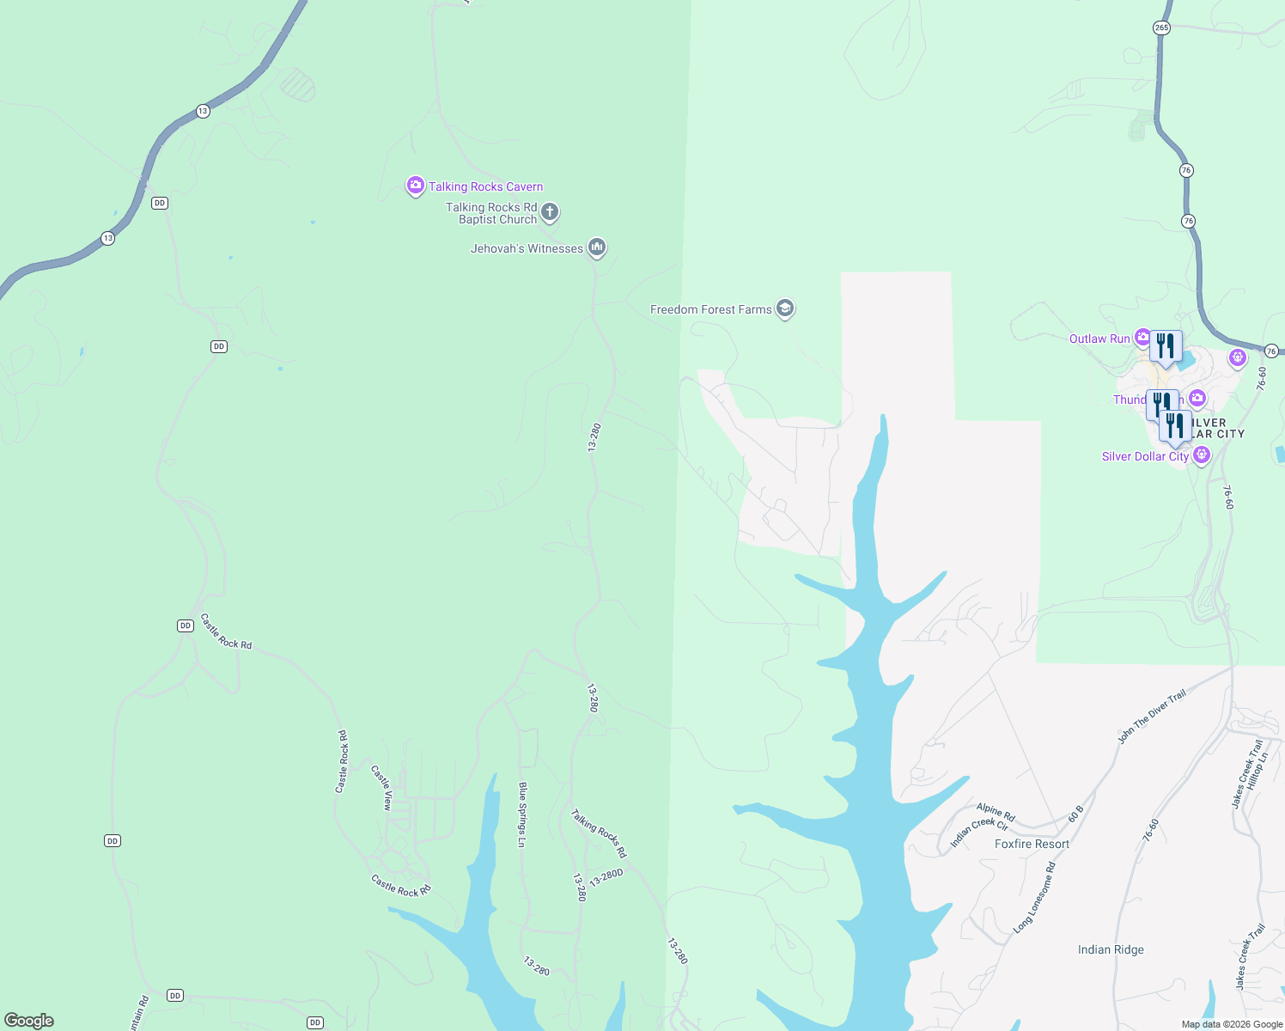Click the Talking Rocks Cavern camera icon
416,186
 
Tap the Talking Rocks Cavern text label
486,186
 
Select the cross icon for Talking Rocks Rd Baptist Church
550,211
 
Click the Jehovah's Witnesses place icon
597,248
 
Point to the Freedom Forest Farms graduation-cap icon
784,308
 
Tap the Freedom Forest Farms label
710,309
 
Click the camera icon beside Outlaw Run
1142,338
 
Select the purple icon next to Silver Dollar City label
1202,455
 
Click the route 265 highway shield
1161,27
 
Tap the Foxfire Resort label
1032,844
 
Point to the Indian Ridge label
1111,949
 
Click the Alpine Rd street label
996,813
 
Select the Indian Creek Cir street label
979,833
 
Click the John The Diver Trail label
1152,716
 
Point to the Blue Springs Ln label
522,814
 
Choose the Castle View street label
381,788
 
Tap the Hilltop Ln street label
1258,772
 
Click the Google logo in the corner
29,1021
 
